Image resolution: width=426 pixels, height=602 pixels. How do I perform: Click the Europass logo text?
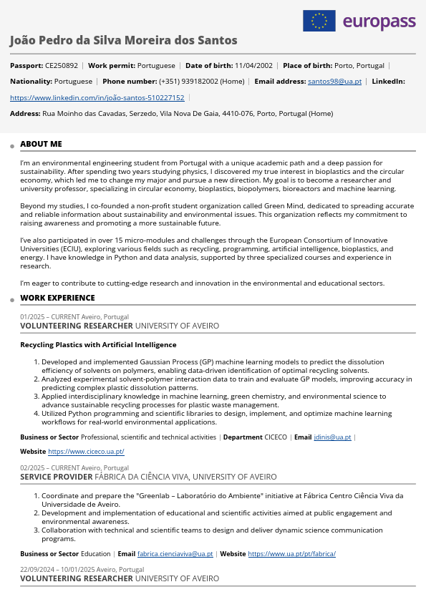click(x=379, y=21)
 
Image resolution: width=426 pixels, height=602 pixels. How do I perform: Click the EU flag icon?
click(x=319, y=21)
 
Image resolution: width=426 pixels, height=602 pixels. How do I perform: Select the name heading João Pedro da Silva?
click(x=123, y=40)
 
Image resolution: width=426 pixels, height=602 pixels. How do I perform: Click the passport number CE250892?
click(x=62, y=65)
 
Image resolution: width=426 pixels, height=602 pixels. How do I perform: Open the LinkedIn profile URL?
click(x=97, y=97)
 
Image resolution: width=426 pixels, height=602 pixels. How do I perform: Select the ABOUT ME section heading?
click(x=41, y=144)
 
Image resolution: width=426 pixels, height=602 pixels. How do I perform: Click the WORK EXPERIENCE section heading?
click(x=57, y=298)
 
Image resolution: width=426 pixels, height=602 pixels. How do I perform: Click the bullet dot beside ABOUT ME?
click(x=13, y=146)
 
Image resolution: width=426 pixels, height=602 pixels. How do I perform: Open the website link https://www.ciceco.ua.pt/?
click(x=86, y=452)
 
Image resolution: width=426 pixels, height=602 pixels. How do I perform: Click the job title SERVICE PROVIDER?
click(x=56, y=476)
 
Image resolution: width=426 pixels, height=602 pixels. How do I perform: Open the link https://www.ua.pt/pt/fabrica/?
click(x=291, y=553)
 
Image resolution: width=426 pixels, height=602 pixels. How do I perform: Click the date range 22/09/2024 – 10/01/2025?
click(x=68, y=570)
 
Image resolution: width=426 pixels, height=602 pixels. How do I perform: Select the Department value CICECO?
click(x=276, y=437)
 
